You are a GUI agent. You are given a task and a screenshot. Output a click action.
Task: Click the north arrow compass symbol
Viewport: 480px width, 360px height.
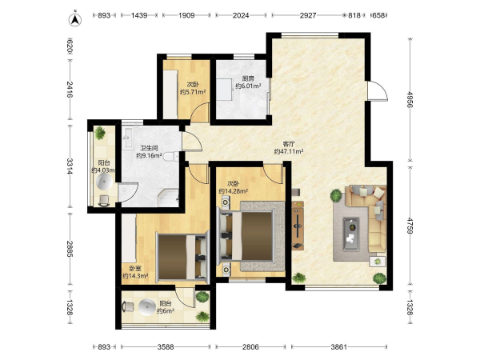click(x=74, y=19)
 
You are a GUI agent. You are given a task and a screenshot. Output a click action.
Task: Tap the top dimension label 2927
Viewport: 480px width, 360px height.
click(x=308, y=15)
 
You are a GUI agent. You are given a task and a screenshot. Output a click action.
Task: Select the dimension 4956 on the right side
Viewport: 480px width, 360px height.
click(x=410, y=99)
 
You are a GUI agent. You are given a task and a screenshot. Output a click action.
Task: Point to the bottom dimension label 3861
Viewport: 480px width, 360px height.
click(x=339, y=347)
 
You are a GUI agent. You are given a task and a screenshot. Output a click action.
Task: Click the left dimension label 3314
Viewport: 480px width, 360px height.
click(x=70, y=166)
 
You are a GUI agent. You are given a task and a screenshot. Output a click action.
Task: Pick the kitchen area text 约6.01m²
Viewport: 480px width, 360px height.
click(x=248, y=86)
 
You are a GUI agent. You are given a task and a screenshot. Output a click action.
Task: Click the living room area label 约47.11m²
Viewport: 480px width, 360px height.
click(x=289, y=151)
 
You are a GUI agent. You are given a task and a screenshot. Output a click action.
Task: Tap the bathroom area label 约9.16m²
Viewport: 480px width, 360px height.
click(x=149, y=155)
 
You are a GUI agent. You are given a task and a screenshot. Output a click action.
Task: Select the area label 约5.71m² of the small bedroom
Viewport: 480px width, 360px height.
click(x=192, y=91)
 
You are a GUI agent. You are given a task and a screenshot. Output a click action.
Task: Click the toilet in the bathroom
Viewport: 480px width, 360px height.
click(x=171, y=157)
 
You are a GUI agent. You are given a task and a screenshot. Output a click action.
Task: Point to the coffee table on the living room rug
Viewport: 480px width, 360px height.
click(x=351, y=234)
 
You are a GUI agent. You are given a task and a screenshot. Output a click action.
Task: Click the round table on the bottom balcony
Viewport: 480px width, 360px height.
click(x=147, y=307)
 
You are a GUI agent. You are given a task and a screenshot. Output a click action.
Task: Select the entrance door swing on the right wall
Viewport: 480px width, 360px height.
click(x=378, y=91)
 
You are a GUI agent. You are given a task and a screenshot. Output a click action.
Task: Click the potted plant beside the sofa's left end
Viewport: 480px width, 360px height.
click(x=336, y=195)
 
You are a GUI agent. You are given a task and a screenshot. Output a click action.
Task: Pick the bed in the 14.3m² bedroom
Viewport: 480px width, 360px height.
click(x=182, y=257)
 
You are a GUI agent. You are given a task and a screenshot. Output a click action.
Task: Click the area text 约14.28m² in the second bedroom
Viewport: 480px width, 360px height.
click(x=233, y=191)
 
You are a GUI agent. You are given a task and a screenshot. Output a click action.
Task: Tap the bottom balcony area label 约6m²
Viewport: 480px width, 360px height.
click(x=166, y=311)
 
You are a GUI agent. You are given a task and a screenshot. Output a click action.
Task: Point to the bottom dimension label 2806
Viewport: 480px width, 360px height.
click(x=250, y=347)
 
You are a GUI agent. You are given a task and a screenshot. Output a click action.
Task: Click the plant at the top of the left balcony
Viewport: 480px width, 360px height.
click(x=100, y=133)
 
